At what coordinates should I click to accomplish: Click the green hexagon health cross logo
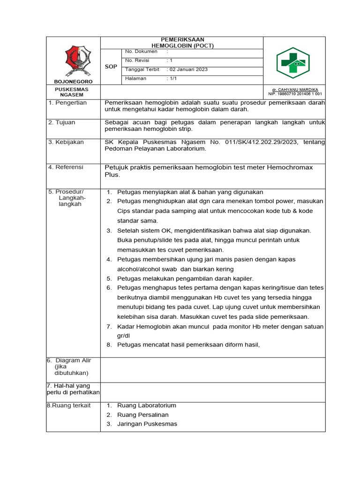coord(292,63)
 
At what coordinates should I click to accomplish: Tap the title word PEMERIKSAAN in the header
coord(182,39)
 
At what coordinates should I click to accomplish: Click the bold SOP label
coord(111,67)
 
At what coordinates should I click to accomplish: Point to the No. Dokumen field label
coord(141,52)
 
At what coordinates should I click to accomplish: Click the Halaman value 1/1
coord(172,78)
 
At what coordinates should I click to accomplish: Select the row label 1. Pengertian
coord(67,103)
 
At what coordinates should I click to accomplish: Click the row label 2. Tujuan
coord(62,122)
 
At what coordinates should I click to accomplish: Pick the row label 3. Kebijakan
coord(66,142)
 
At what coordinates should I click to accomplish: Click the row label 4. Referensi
coord(66,167)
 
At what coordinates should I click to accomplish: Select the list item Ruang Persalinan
coord(142,415)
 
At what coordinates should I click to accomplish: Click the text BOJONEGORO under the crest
coord(73,81)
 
